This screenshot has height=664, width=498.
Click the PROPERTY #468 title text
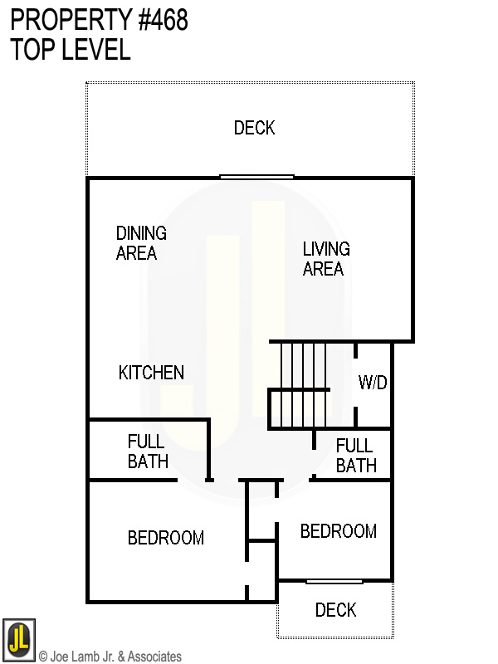click(x=99, y=21)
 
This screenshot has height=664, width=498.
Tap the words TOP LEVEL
click(x=71, y=50)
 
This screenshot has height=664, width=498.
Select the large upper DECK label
click(x=254, y=128)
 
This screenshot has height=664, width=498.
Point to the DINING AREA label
click(x=140, y=243)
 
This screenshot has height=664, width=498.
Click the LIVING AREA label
click(x=325, y=258)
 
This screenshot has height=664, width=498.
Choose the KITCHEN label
click(x=151, y=373)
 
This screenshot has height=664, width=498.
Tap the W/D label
click(x=373, y=383)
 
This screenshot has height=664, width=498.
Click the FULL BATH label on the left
click(x=148, y=451)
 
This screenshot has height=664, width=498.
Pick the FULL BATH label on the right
click(x=355, y=456)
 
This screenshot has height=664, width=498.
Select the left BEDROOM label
click(x=166, y=538)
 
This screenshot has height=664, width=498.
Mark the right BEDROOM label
click(x=338, y=531)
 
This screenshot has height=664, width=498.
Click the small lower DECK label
click(x=335, y=611)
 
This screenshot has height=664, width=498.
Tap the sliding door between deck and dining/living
click(x=256, y=177)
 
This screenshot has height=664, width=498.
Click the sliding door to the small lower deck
click(x=334, y=581)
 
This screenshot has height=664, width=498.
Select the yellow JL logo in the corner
click(x=18, y=639)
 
